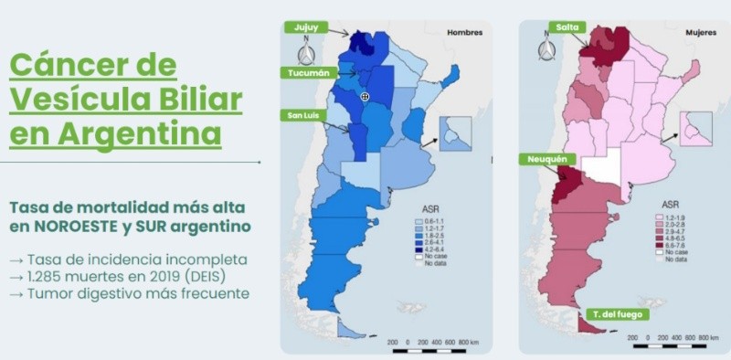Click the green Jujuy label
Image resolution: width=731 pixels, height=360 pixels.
pyautogui.click(x=305, y=28)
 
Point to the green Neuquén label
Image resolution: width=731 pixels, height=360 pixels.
pyautogui.click(x=546, y=160)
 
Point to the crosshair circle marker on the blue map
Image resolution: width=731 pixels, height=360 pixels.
pyautogui.click(x=365, y=96)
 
